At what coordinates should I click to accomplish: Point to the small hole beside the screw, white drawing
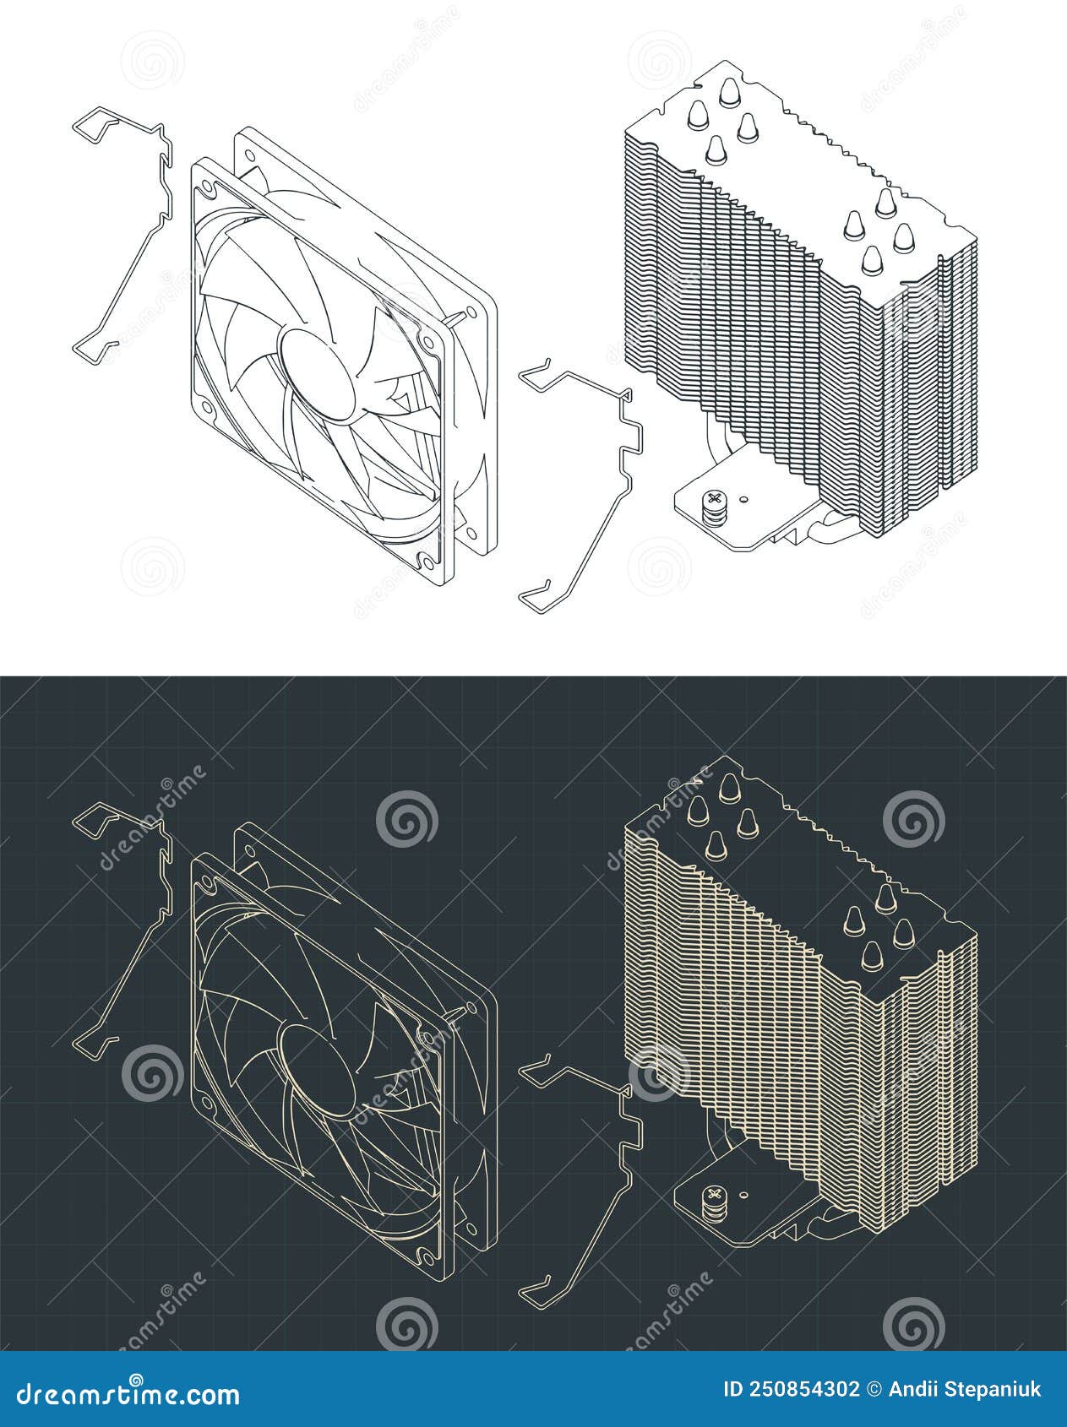point(744,500)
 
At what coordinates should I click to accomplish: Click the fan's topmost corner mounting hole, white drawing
point(249,155)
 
